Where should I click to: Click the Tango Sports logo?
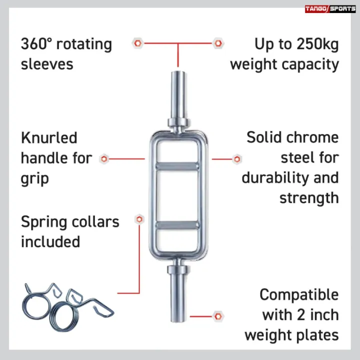click(x=330, y=9)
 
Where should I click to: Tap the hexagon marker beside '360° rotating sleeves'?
click(x=138, y=43)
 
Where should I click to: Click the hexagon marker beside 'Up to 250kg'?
click(x=218, y=43)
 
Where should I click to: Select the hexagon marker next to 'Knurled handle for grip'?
click(x=104, y=159)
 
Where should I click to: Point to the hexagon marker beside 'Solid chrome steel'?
click(x=237, y=159)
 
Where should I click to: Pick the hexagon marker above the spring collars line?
click(x=139, y=219)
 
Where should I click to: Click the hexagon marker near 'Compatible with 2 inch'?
click(x=218, y=316)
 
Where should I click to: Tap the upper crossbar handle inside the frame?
click(x=177, y=166)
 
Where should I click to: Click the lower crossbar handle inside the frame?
click(x=177, y=225)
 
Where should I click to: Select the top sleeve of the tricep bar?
click(x=178, y=98)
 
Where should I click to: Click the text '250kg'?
click(x=317, y=44)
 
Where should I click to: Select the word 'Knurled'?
click(x=49, y=138)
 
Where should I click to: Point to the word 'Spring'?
click(x=44, y=222)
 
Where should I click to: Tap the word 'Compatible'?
click(x=299, y=294)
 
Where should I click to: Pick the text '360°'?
click(x=36, y=44)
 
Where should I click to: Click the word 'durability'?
click(x=275, y=177)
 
